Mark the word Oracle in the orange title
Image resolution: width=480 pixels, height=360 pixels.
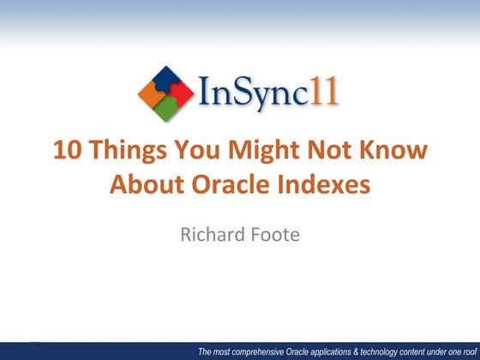pyautogui.click(x=225, y=183)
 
